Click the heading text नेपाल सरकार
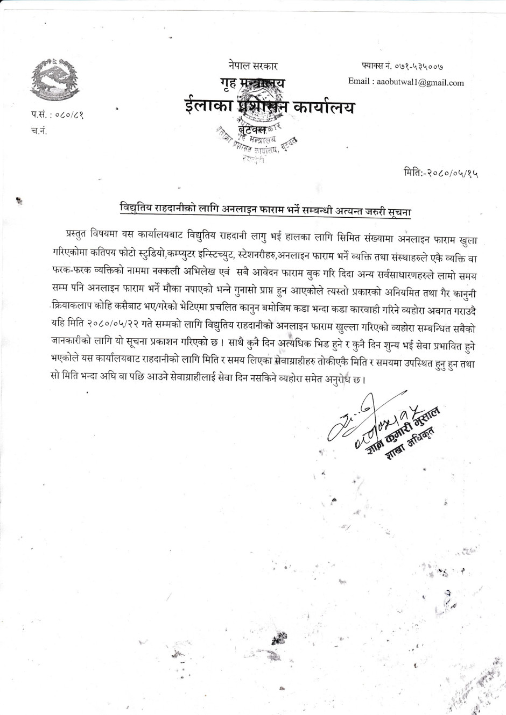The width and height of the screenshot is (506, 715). (252, 67)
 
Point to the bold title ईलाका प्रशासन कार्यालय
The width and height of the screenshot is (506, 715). (269, 106)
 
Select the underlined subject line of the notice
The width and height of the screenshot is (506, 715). (265, 210)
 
